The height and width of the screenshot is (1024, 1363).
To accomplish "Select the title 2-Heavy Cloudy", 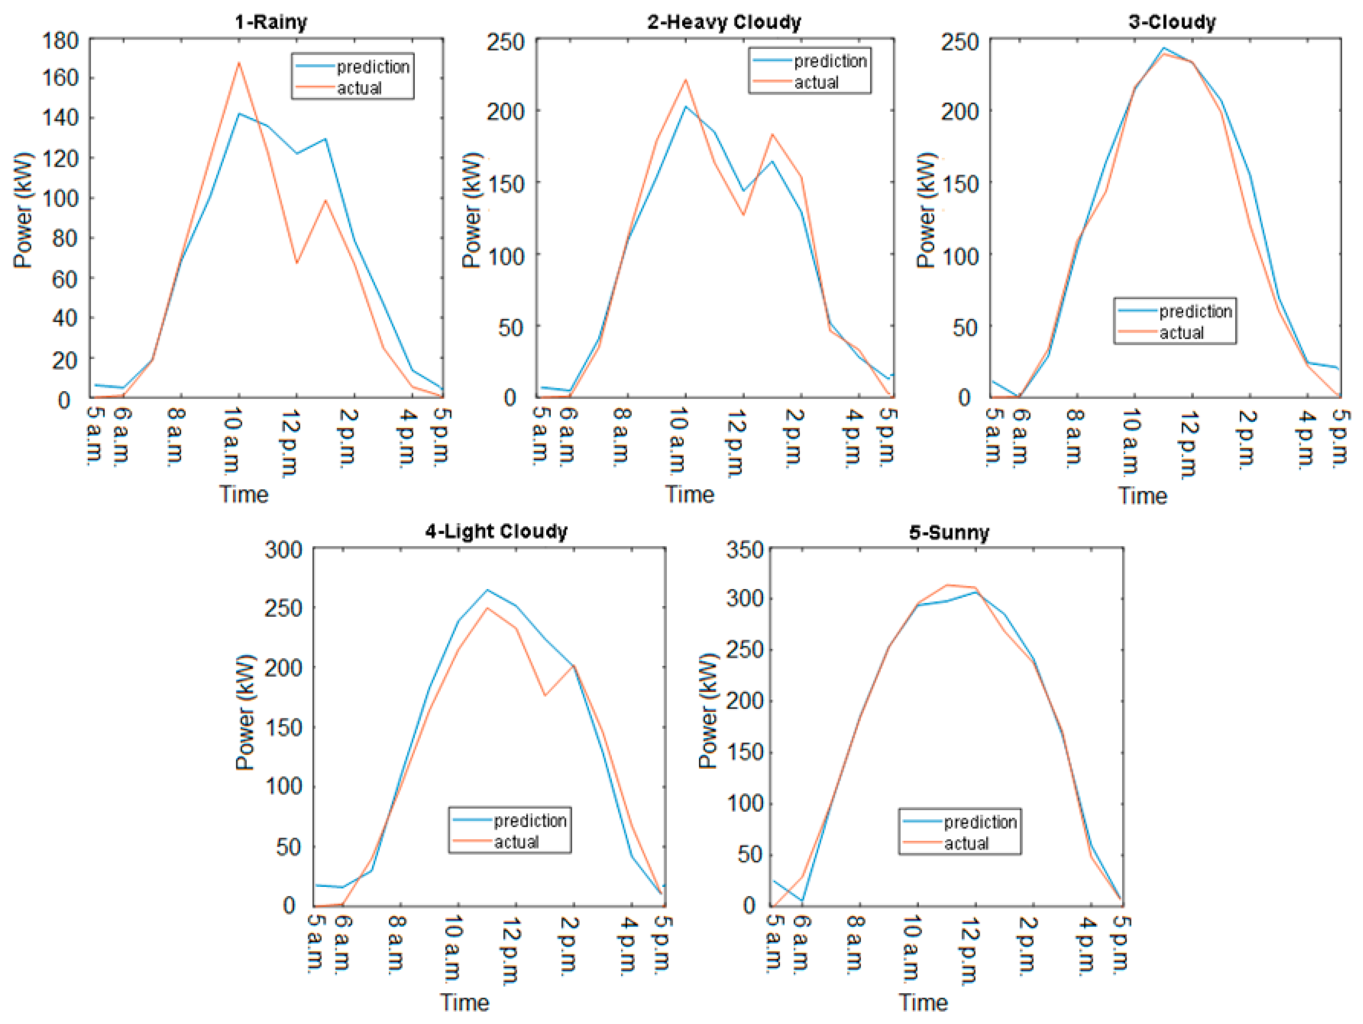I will point(723,22).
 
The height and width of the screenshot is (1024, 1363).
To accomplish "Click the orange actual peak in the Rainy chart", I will point(238,63).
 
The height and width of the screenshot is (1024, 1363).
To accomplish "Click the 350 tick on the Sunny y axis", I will point(744,550).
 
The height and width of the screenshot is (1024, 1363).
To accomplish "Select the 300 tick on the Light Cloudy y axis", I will point(283,550).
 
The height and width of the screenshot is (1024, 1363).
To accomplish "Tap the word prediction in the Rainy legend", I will point(373,67).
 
